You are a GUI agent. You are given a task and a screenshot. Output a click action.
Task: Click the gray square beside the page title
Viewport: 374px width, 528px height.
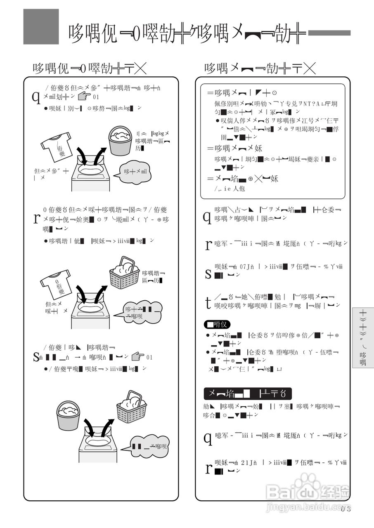[x=41, y=26]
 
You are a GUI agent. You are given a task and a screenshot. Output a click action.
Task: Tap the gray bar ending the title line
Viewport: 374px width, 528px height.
[x=329, y=33]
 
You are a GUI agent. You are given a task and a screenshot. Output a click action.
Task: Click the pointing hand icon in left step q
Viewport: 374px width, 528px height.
[x=84, y=97]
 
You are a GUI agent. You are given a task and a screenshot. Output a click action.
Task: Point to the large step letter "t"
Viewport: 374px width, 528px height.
[x=208, y=302]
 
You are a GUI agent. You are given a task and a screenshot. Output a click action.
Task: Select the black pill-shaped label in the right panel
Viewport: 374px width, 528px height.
[x=217, y=324]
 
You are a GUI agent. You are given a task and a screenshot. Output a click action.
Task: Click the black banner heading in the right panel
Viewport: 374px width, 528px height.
[x=247, y=393]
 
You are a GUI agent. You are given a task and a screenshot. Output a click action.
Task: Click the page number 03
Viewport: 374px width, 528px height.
[x=346, y=509]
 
